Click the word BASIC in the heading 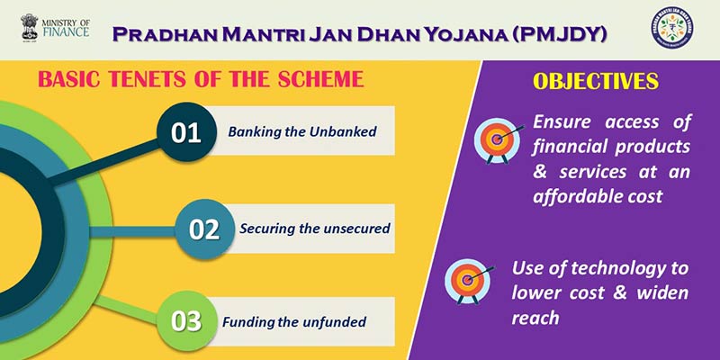tap(71, 79)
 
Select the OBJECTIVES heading tap(595, 81)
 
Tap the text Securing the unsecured tap(314, 228)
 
